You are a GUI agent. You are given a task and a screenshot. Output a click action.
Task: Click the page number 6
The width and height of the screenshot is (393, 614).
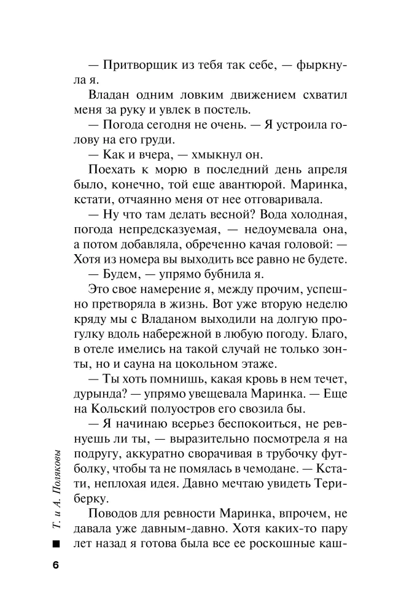coord(56,565)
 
